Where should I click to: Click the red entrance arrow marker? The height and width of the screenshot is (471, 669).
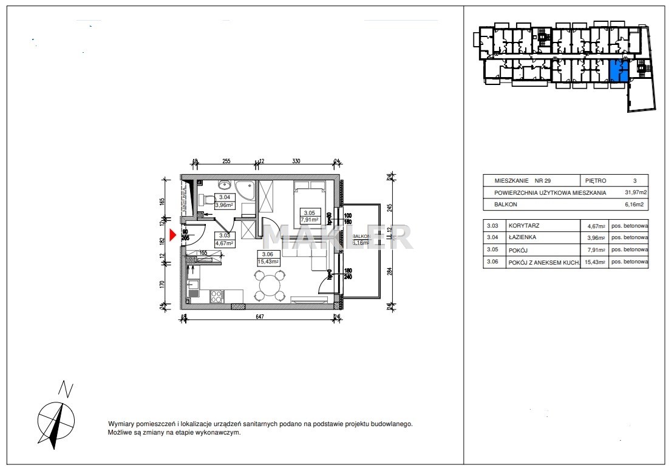[x=173, y=235]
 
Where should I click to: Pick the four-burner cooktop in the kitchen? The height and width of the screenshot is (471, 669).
[x=216, y=296]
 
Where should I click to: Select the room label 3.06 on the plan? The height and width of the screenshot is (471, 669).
[x=268, y=254]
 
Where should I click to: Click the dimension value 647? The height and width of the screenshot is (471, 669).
[x=260, y=316]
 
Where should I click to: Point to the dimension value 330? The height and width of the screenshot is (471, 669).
[x=296, y=161]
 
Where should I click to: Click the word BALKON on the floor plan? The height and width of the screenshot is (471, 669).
[x=362, y=236]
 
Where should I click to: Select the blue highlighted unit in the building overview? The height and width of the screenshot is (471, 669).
[x=619, y=72]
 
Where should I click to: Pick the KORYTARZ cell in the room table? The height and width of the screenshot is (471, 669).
[x=524, y=226]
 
